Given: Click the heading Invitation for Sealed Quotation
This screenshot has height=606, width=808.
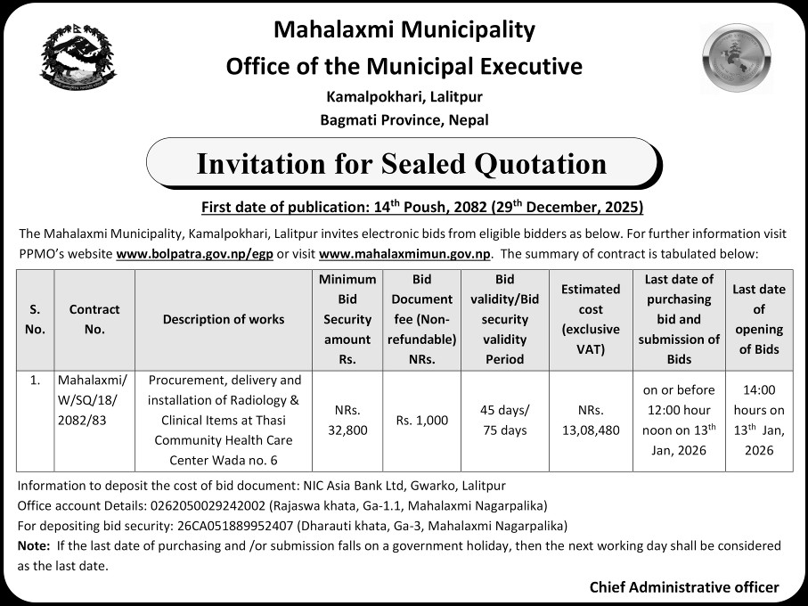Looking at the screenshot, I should click(x=401, y=164).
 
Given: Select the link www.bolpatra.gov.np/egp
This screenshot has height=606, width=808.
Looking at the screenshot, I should click(x=194, y=253).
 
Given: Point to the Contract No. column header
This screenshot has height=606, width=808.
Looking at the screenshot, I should click(x=94, y=319).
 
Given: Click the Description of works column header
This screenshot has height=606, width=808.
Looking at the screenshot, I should click(x=224, y=319).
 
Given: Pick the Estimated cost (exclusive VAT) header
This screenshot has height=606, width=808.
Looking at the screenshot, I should click(x=591, y=319).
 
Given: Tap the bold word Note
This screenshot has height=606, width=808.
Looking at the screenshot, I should click(x=33, y=545).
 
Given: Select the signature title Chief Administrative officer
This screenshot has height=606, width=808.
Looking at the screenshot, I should click(x=683, y=587).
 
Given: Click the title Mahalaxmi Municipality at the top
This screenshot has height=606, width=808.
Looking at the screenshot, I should click(x=404, y=30).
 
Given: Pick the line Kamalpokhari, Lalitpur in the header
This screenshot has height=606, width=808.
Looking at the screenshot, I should click(x=404, y=96).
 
